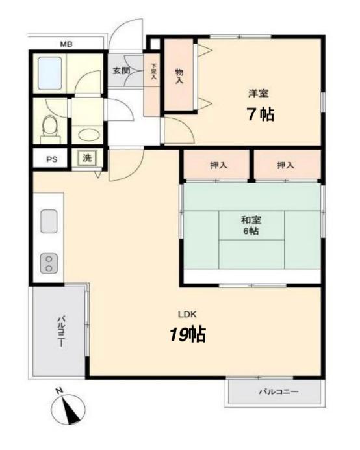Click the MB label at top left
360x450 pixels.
[x=66, y=44]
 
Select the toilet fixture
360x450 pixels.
[x=49, y=124]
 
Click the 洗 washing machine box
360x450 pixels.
[x=86, y=157]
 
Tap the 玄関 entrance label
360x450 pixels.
[x=121, y=70]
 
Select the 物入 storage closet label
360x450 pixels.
[x=179, y=76]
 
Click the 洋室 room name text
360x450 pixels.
[x=258, y=92]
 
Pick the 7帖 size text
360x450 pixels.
[x=259, y=114]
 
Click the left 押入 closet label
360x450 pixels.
[x=218, y=165]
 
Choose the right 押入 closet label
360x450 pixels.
[x=285, y=165]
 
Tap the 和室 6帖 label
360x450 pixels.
[x=250, y=225]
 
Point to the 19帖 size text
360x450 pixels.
[x=188, y=334]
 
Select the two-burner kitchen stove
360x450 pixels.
[x=49, y=263]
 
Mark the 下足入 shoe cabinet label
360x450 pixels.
[x=154, y=71]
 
